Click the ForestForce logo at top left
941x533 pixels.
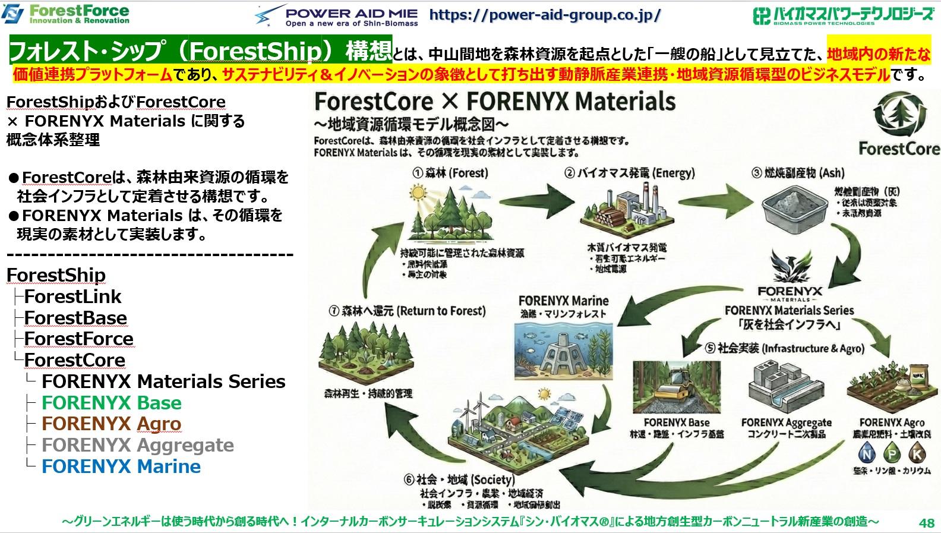65,13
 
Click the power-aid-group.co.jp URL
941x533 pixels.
544,15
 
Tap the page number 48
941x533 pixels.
926,523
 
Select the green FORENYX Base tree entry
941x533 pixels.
111,403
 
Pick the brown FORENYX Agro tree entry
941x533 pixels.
111,424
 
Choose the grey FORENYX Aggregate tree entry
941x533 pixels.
137,445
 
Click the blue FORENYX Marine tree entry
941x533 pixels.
121,466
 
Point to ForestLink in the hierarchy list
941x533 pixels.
72,297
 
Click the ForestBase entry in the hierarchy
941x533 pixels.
75,318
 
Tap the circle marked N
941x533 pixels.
868,455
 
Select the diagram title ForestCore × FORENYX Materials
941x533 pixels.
494,102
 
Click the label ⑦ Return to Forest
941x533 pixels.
406,311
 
